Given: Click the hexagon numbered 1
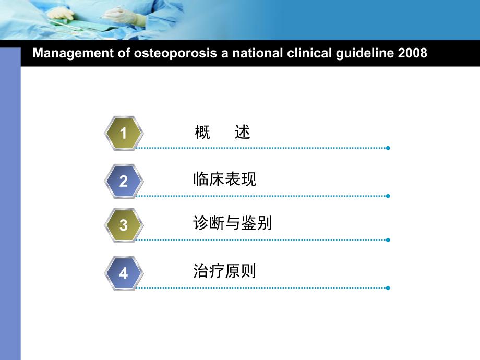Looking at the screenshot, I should coord(124,134).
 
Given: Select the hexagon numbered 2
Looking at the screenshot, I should coord(124,181).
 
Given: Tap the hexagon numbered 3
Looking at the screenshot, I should coord(124,225).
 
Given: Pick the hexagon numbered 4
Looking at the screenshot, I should coord(124,273).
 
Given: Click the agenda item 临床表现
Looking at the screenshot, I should coord(224,179).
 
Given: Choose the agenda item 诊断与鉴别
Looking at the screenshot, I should coord(232,224).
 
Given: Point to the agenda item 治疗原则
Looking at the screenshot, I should coord(224,271).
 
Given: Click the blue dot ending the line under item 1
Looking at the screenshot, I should coord(388,148).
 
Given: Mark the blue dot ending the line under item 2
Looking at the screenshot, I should coord(388,196).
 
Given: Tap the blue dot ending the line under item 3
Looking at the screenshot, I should coord(388,240).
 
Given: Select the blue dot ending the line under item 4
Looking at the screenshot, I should coord(388,287).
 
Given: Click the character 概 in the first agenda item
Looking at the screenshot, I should coord(202,133).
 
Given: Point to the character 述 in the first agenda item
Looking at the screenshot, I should coord(243,133).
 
